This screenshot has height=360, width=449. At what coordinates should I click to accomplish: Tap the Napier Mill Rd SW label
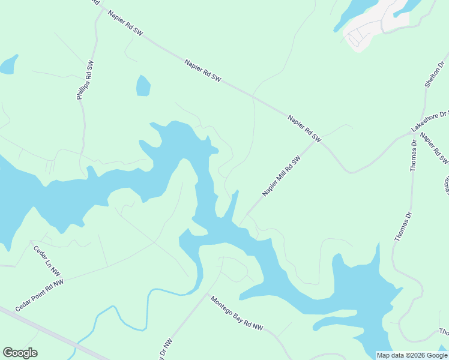point(280,176)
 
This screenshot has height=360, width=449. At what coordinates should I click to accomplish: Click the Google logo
point(20,353)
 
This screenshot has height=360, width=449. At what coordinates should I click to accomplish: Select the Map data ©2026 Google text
point(412,355)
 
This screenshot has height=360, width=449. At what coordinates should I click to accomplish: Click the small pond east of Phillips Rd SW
point(143,86)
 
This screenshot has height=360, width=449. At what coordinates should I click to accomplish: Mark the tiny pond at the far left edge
point(8,64)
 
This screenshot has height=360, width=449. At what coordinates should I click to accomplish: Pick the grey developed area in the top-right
point(372,27)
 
